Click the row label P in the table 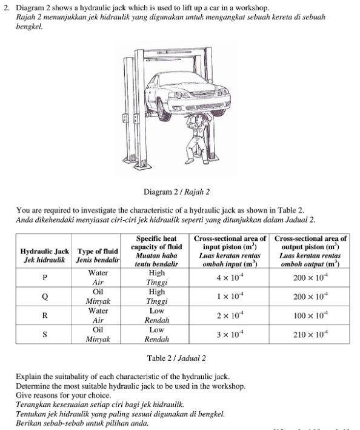point(45,278)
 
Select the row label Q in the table point(45,297)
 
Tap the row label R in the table point(45,315)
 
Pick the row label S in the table point(45,334)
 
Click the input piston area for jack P point(230,277)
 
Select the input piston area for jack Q point(230,296)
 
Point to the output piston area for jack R point(310,315)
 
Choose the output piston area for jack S point(310,334)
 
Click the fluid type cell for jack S point(98,334)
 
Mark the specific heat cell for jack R point(157,315)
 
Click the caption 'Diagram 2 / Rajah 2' point(176,192)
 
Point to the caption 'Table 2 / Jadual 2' point(176,358)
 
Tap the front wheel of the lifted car point(164,110)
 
